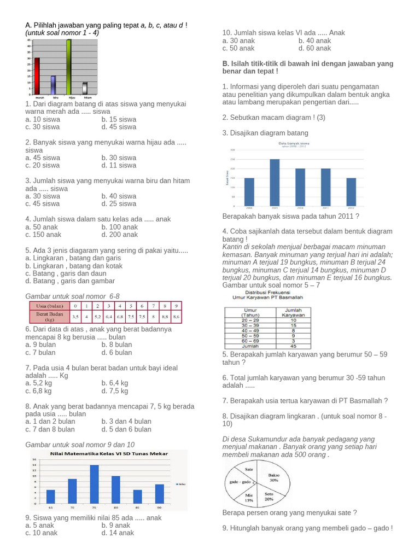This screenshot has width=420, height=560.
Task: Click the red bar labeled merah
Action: tap(37, 76)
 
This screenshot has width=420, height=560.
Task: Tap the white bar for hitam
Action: tap(85, 87)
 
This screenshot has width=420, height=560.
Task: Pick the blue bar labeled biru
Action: tap(53, 85)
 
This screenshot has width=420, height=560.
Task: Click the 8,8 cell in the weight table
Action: tap(165, 317)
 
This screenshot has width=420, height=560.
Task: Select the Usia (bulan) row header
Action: tap(49, 305)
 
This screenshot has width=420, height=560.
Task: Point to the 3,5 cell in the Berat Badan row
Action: tap(75, 317)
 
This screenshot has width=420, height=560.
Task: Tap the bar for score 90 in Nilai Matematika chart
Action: tap(159, 493)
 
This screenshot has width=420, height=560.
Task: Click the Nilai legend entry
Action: tap(180, 484)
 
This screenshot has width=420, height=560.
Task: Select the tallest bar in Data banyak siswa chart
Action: tap(275, 183)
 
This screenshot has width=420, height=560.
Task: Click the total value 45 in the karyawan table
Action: tap(293, 346)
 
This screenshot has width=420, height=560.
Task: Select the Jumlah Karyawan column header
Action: tap(293, 312)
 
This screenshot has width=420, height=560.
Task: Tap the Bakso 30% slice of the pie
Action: tap(272, 479)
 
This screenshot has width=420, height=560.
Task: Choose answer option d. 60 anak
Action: tap(314, 48)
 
